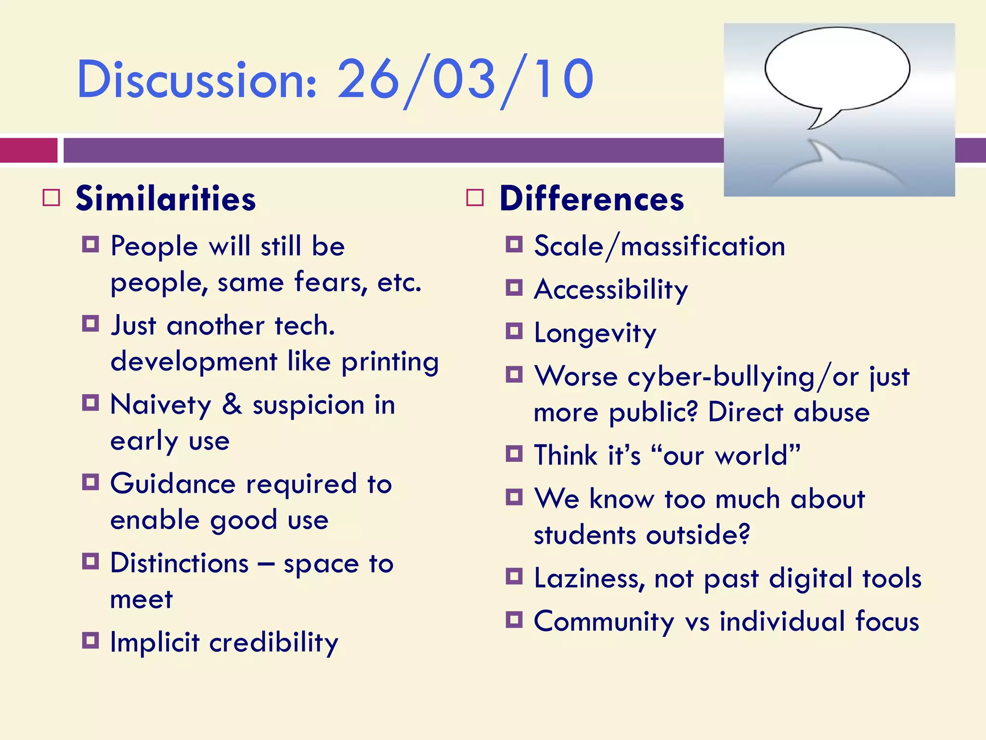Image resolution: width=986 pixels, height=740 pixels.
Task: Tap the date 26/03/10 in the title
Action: coord(465,80)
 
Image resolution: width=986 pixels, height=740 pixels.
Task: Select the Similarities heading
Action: coord(166,199)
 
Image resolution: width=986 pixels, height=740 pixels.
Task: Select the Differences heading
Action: coord(592,199)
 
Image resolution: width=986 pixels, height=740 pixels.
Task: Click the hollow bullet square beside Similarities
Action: coord(52,198)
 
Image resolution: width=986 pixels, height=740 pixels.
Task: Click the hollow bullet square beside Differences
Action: coord(475,198)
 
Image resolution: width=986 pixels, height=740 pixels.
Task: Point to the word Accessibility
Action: coord(611,290)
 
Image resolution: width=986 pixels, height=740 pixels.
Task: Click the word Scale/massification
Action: coord(660,247)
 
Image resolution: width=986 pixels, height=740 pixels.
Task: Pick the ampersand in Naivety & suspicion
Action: coord(232,404)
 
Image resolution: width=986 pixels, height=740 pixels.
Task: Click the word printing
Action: coord(390,362)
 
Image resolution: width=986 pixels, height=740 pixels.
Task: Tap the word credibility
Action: coord(273,643)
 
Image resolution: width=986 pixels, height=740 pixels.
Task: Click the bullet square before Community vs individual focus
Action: coord(514,620)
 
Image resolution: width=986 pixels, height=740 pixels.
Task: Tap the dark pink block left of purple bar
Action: coord(28,150)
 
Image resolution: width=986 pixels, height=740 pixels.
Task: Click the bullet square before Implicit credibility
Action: coord(91,641)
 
